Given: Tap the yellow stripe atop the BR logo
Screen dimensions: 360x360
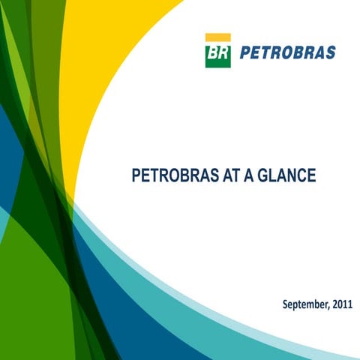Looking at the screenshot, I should point(217,37).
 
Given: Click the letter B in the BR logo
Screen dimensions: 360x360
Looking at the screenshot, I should point(213,55).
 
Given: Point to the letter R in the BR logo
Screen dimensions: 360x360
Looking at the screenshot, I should point(223,55).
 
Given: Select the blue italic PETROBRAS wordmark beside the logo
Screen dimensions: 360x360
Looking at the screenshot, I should point(287,53).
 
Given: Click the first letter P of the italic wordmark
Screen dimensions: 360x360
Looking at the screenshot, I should point(244,53).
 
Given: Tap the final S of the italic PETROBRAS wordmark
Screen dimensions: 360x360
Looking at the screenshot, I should point(330,53).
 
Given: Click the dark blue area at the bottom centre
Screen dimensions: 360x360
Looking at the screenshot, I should point(150,330).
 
